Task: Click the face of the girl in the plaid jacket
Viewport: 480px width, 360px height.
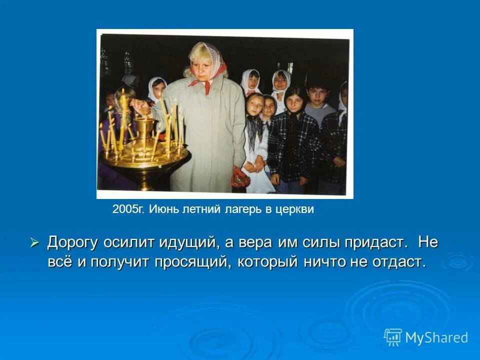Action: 295,100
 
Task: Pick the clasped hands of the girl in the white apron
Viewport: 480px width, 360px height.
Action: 258,165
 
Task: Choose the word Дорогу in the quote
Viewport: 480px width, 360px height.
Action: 73,243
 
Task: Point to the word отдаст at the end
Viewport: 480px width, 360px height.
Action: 397,261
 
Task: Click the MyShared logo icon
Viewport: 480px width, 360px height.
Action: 393,337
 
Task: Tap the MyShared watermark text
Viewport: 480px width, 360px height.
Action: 436,337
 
